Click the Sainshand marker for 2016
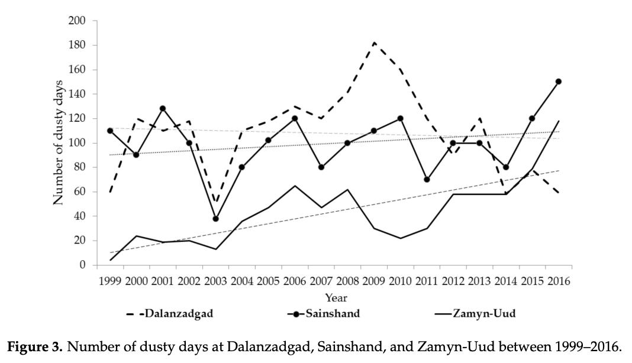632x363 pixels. click(x=558, y=82)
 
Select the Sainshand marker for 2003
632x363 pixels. click(x=215, y=219)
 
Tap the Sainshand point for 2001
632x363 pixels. click(x=163, y=109)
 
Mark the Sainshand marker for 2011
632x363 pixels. click(x=427, y=179)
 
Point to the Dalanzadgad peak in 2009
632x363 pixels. click(x=374, y=43)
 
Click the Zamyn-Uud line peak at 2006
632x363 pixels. click(x=295, y=186)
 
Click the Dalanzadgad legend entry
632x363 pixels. click(x=170, y=314)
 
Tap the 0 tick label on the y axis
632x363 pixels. click(x=82, y=265)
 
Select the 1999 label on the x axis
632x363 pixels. click(x=110, y=281)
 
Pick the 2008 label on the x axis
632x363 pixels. click(x=347, y=281)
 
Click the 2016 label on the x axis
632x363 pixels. click(x=558, y=281)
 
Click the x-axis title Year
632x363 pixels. click(x=336, y=298)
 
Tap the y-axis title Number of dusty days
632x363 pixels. click(x=59, y=143)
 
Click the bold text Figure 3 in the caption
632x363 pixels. click(x=35, y=347)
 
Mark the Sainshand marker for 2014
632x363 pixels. click(x=505, y=167)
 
